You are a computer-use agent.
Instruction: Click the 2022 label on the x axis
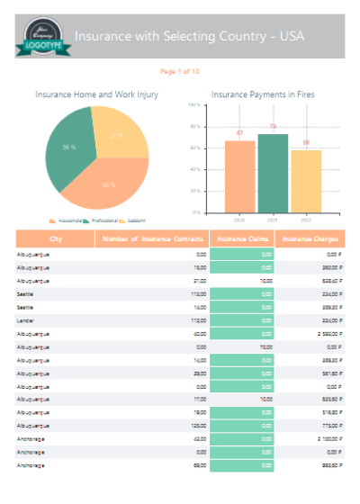click(306, 220)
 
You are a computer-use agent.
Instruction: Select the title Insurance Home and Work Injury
click(97, 94)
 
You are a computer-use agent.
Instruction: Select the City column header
click(56, 239)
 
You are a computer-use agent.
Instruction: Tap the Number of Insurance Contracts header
click(151, 239)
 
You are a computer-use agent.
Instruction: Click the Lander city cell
click(27, 319)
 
